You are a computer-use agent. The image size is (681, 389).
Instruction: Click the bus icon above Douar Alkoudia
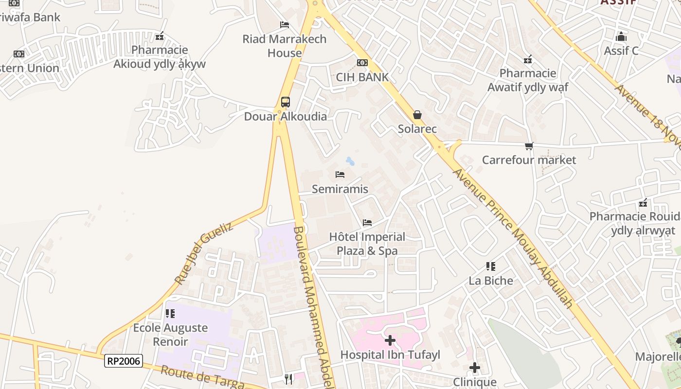click(x=286, y=102)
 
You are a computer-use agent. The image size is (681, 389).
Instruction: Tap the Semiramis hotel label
click(x=340, y=189)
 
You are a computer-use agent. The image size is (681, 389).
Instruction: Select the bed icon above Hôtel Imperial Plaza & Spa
click(x=367, y=223)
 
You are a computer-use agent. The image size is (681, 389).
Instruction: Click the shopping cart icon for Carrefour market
click(x=529, y=146)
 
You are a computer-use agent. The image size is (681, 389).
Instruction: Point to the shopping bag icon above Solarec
click(x=417, y=115)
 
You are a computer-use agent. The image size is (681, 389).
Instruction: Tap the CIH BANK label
click(x=362, y=77)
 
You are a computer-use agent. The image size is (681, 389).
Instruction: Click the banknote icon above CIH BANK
click(x=362, y=63)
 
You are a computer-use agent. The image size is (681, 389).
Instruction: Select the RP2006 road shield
click(x=124, y=361)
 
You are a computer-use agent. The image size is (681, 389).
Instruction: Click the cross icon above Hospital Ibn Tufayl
click(x=390, y=340)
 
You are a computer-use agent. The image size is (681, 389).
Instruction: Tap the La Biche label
click(x=491, y=281)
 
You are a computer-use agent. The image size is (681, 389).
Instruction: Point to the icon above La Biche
click(x=491, y=266)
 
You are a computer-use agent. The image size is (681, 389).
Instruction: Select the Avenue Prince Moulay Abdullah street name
click(x=513, y=238)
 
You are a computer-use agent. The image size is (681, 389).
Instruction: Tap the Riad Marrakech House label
click(x=285, y=46)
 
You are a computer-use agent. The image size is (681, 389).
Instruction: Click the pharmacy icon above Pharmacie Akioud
click(x=160, y=36)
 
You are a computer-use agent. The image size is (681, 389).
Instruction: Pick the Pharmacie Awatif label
click(x=528, y=80)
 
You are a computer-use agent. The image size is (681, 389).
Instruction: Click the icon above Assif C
click(x=621, y=36)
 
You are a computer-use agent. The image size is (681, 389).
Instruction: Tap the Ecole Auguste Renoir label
click(x=170, y=335)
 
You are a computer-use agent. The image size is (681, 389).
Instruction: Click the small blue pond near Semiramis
click(x=350, y=161)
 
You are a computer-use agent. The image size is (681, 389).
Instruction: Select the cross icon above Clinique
click(x=475, y=368)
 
